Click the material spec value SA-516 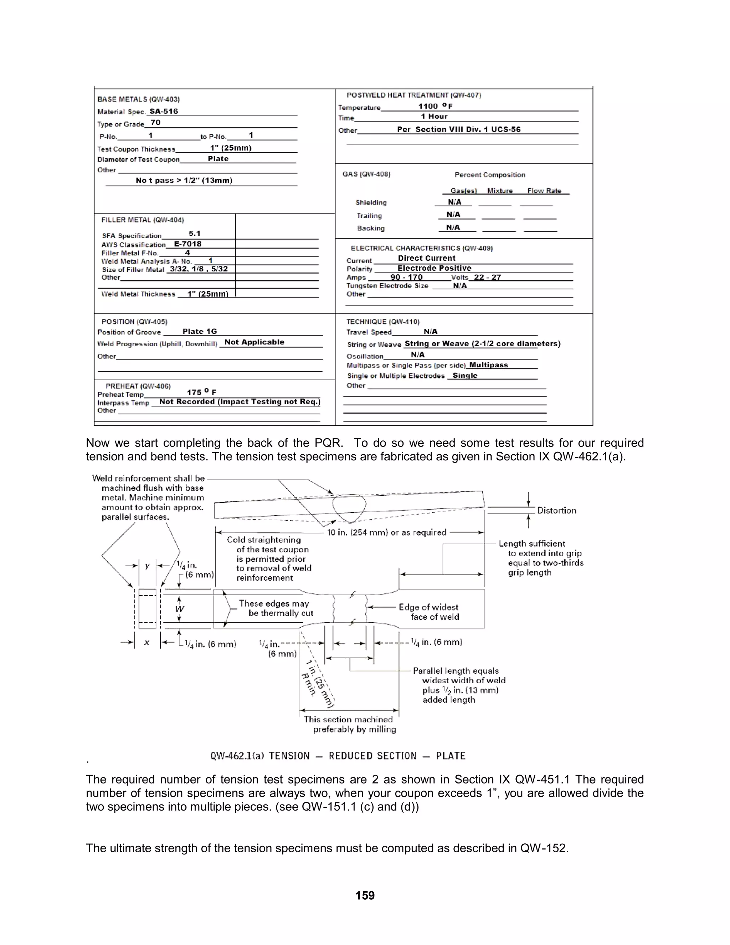164,111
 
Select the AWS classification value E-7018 188,244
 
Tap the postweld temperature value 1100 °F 435,106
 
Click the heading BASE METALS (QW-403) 138,99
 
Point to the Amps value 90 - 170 406,277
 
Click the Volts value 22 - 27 487,277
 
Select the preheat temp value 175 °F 201,392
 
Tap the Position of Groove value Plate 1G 199,331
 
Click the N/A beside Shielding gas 454,202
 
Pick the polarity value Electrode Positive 434,268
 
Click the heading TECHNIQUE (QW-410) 383,322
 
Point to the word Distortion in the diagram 556,511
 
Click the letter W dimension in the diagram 180,609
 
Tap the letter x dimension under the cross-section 146,643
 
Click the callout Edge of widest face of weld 428,612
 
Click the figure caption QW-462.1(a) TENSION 338,756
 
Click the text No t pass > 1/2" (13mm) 184,180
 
